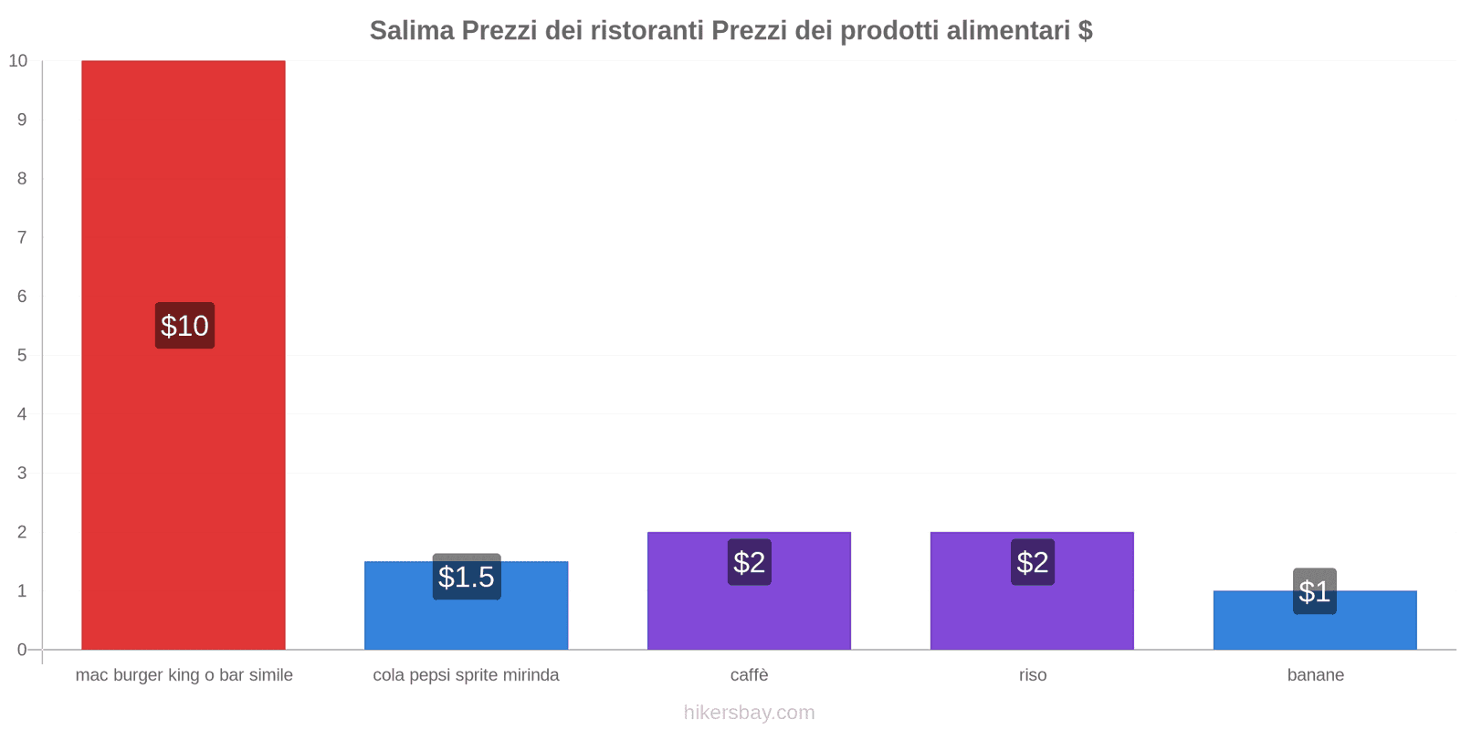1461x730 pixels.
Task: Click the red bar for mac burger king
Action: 183,182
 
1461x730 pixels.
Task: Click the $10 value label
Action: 184,326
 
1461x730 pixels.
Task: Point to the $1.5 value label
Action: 467,577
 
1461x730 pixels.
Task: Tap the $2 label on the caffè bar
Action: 750,562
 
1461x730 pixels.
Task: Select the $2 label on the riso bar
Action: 1033,562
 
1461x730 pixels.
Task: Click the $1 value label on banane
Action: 1315,591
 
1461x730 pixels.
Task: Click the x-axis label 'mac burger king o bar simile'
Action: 184,675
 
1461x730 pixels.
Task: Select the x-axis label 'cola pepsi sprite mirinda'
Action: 466,675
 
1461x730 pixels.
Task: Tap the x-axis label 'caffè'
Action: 749,675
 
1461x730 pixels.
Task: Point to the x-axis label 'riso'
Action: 1033,675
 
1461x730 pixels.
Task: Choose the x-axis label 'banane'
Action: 1316,675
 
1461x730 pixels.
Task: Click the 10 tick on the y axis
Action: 18,61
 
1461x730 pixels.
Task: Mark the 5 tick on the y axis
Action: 22,356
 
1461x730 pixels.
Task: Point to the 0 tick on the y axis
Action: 22,650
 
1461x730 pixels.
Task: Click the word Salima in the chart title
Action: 412,31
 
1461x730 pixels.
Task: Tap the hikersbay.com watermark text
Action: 749,713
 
